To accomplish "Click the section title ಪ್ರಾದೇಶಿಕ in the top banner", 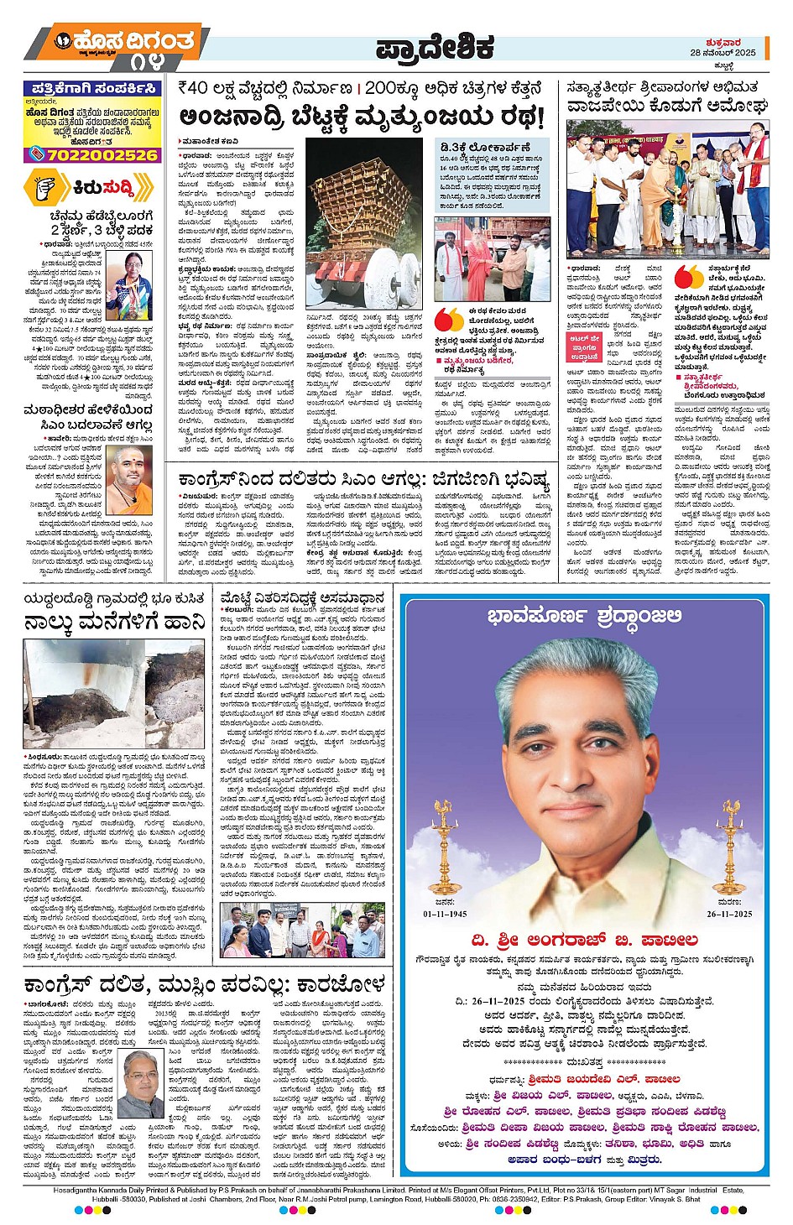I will click(x=434, y=48).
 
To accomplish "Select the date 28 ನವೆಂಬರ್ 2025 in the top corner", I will click(x=723, y=52).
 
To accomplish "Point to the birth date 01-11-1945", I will click(x=445, y=914).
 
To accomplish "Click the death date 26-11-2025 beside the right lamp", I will click(x=729, y=914).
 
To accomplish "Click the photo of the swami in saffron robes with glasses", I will click(x=128, y=473).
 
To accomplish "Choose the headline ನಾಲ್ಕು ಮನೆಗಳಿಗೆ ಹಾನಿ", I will click(x=114, y=622).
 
